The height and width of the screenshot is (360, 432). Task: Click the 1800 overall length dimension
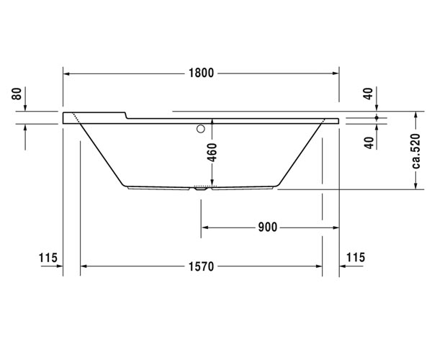tap(201, 73)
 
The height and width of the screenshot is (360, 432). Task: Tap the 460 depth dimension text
tap(212, 153)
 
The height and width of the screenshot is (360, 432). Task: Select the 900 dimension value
tap(268, 228)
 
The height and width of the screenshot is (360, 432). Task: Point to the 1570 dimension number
tap(201, 266)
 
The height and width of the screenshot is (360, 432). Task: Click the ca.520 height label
tap(415, 151)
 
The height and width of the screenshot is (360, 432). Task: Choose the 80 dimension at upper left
tap(17, 94)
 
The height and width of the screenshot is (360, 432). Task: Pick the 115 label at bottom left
tap(48, 258)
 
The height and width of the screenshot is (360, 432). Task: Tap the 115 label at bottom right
tap(356, 257)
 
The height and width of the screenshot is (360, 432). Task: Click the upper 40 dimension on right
tap(369, 94)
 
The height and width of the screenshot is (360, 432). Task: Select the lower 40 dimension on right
tap(369, 143)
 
